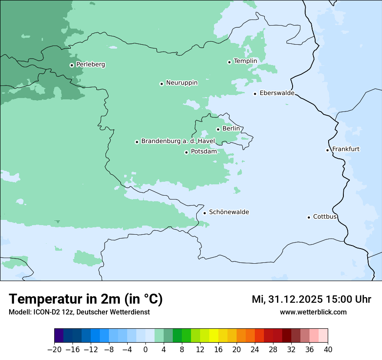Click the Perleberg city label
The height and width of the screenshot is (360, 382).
click(x=90, y=65)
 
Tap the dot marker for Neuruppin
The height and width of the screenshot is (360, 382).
click(x=161, y=84)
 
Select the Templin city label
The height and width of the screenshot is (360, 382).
click(x=245, y=61)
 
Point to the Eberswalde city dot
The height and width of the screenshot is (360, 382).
click(x=255, y=94)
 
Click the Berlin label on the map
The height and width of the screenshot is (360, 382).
click(x=231, y=129)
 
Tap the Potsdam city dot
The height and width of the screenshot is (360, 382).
click(x=186, y=152)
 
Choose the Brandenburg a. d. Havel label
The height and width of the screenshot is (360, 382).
click(x=178, y=141)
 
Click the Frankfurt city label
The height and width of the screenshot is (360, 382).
click(x=346, y=149)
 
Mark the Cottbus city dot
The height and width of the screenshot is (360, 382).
click(x=309, y=217)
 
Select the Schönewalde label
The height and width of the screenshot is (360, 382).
click(x=229, y=212)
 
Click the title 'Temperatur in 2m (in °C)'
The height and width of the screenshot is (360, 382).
click(x=86, y=299)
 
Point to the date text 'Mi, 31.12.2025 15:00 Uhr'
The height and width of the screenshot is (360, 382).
click(x=311, y=299)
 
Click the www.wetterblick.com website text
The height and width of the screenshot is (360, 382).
click(x=313, y=312)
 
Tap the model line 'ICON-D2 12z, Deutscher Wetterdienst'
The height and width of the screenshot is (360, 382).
click(x=79, y=312)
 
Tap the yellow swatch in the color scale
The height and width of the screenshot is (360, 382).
click(x=214, y=336)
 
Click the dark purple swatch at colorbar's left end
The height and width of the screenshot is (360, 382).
click(x=59, y=336)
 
